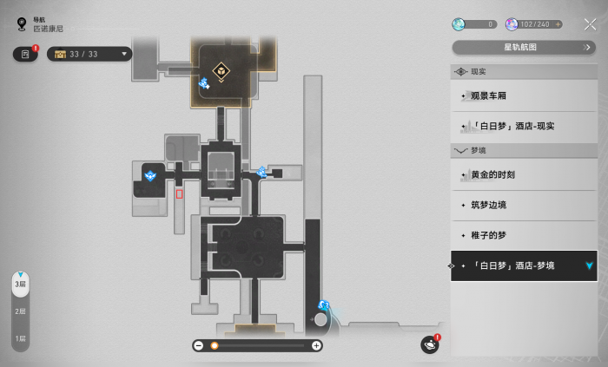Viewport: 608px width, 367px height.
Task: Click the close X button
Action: [x=590, y=24]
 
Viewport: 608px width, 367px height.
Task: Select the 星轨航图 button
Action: [x=524, y=47]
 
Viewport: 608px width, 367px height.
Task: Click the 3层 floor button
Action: [x=19, y=285]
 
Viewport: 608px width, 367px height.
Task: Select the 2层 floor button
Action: [x=19, y=311]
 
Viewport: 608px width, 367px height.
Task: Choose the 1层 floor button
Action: [x=19, y=338]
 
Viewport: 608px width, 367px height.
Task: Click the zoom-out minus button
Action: [x=199, y=345]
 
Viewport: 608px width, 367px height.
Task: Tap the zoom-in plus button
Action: [x=316, y=345]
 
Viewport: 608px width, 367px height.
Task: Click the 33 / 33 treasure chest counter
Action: [x=89, y=54]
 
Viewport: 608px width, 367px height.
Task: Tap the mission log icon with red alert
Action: [x=25, y=54]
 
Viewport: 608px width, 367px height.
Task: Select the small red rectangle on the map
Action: [x=179, y=193]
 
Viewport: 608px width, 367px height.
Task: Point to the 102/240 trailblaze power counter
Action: [x=532, y=24]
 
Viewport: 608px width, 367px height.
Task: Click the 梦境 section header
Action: [x=478, y=150]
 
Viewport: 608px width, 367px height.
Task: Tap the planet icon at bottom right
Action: [x=430, y=345]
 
